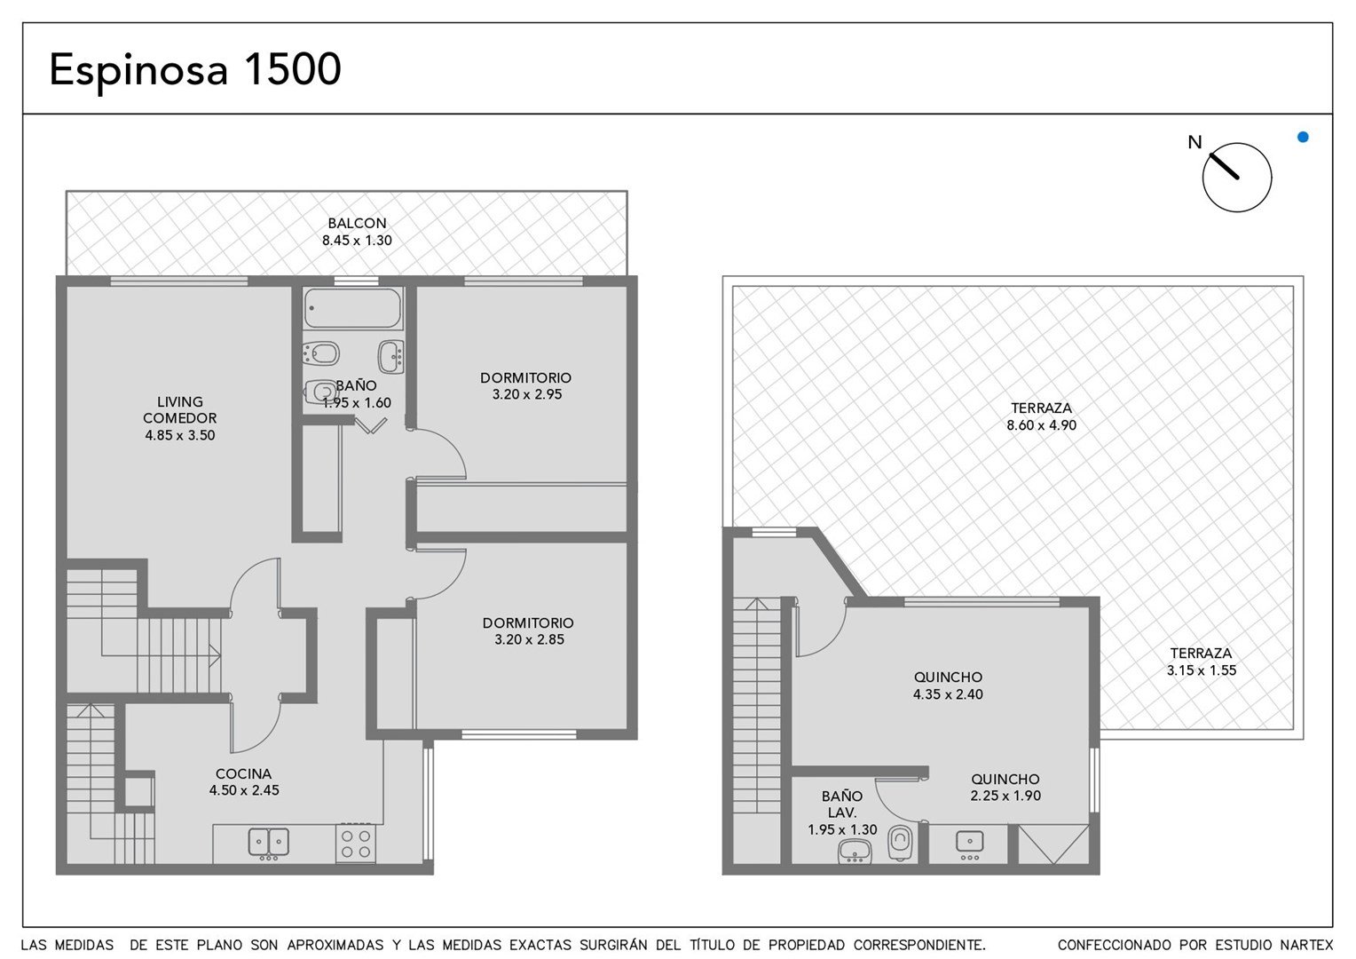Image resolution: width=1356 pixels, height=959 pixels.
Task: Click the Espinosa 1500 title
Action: [x=195, y=70]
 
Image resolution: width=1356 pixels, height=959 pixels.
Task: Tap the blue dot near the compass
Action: [x=1303, y=137]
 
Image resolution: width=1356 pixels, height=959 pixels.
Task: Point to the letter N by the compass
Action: [x=1194, y=142]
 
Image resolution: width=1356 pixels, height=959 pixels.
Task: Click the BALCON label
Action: [x=357, y=223]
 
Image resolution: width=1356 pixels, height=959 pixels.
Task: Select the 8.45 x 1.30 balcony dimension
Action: [x=357, y=241]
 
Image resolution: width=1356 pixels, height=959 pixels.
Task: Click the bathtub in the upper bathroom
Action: [x=352, y=308]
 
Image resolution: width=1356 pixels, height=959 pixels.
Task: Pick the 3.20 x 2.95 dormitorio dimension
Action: [x=526, y=394]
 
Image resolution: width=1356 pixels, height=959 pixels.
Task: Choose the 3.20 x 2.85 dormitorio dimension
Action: [x=529, y=639]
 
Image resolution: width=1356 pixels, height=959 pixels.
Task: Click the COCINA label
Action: [x=243, y=773]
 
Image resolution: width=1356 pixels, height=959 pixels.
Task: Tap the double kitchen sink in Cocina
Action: [x=269, y=842]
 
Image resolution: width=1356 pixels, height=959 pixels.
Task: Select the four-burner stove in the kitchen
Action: [x=356, y=844]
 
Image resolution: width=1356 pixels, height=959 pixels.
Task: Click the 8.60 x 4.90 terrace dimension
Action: [x=1041, y=425]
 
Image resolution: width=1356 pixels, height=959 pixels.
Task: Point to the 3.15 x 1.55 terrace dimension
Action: [x=1201, y=670]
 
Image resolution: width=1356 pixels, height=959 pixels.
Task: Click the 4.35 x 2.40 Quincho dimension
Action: [x=948, y=694]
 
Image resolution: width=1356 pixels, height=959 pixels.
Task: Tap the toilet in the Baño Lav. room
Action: [x=900, y=843]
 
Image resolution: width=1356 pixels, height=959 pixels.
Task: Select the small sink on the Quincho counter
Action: [x=969, y=843]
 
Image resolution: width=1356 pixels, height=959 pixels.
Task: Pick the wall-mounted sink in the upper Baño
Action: [x=390, y=356]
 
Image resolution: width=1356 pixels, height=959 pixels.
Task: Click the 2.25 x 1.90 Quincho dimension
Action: [x=1005, y=796]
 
